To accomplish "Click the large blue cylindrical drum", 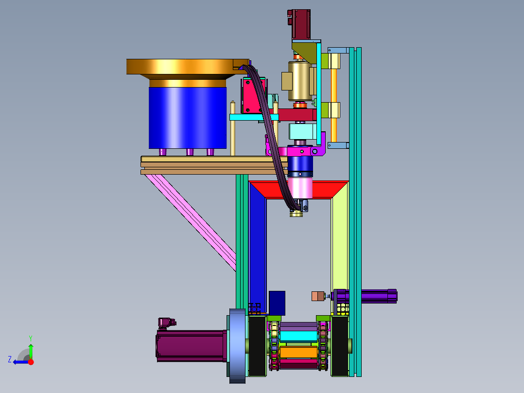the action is point(188,118).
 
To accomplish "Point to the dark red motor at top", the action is point(301,24).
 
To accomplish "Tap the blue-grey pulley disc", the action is point(237,345).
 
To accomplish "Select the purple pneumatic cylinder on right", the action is point(366,296).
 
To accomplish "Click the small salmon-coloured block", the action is point(318,296).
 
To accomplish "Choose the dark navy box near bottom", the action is point(277,303).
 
